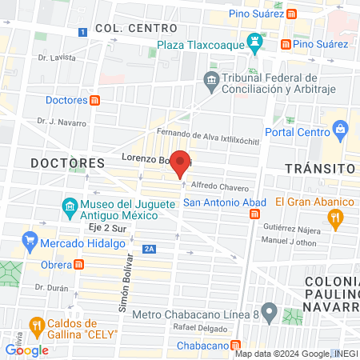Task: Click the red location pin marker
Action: coord(181,163)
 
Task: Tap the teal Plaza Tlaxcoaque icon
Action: coord(254,42)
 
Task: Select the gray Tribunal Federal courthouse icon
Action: coord(211,80)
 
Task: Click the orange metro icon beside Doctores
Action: coord(95,100)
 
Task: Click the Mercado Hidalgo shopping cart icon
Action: coord(30,239)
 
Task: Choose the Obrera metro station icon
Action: coord(78,264)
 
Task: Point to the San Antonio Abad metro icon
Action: coord(254,214)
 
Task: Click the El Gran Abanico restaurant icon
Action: coord(338,215)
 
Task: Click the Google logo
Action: coord(26,350)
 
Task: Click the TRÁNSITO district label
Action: coord(319,169)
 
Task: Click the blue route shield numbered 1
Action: coord(82,31)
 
